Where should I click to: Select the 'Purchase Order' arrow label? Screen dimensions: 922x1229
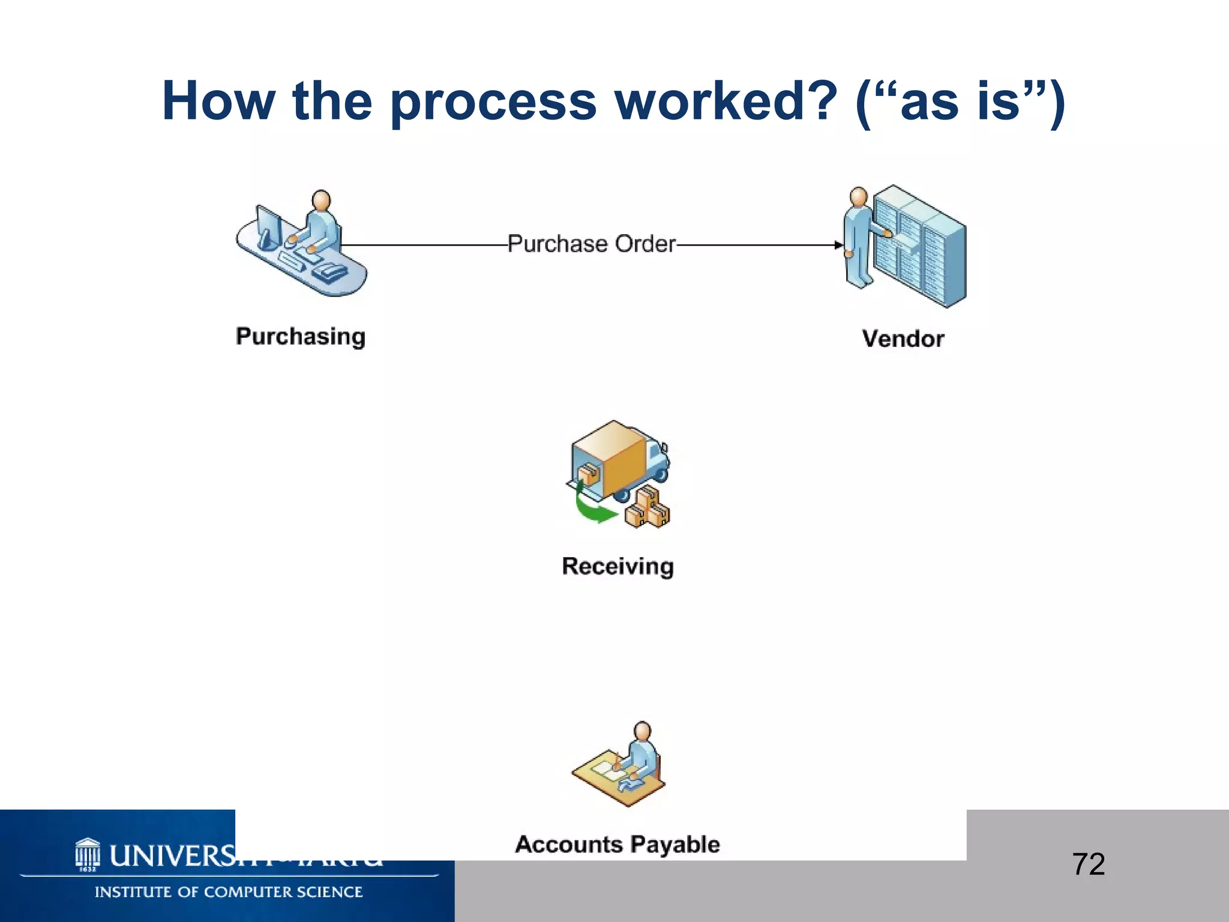[x=591, y=244]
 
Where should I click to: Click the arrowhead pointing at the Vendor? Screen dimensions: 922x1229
[x=839, y=245]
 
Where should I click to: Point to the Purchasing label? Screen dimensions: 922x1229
[x=300, y=336]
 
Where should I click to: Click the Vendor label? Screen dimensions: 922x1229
[x=903, y=339]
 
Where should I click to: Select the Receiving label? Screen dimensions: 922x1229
[x=618, y=566]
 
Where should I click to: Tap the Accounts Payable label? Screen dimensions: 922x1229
[x=617, y=844]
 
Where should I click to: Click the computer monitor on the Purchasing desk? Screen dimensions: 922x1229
[x=268, y=227]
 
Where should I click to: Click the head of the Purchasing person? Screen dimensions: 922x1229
[x=322, y=200]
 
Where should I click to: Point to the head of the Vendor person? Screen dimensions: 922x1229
[x=859, y=196]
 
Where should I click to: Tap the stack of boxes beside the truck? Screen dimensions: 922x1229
[x=648, y=509]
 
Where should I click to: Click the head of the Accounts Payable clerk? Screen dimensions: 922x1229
[x=642, y=731]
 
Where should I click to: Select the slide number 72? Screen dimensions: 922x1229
[x=1088, y=864]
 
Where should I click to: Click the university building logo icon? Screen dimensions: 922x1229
[x=88, y=854]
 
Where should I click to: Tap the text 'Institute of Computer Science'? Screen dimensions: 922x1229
[x=228, y=892]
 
